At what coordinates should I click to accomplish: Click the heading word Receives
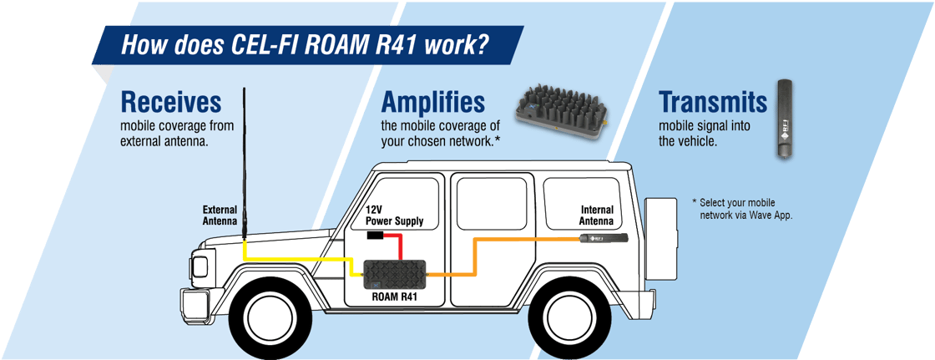coord(171,102)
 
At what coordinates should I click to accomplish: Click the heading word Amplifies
coord(432,102)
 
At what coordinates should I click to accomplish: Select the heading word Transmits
coord(712,102)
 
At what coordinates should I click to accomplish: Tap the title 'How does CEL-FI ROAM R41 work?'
coord(305,44)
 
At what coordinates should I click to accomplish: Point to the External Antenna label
coord(220,215)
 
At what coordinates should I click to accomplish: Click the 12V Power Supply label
coord(394,215)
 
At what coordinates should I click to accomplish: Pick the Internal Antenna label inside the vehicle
coord(596,215)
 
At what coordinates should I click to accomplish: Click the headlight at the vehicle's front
coord(201,266)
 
